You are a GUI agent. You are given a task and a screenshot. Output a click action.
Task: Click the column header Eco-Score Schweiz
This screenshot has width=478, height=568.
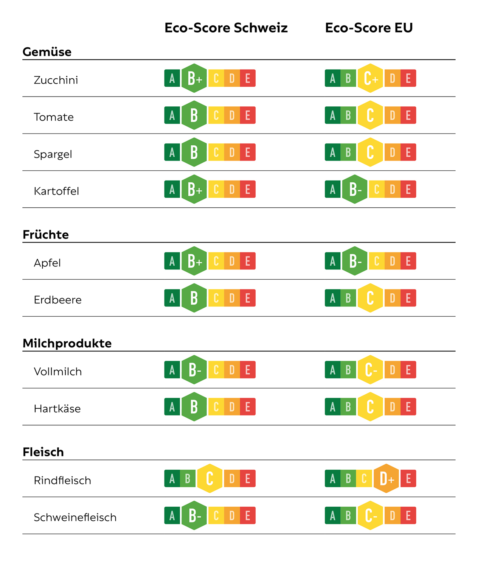click(226, 28)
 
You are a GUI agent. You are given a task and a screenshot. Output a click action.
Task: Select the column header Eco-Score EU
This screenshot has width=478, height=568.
click(369, 28)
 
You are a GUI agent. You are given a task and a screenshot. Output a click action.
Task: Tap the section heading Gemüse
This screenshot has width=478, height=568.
click(47, 52)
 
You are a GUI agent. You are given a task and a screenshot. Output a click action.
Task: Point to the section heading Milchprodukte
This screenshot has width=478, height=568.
click(67, 343)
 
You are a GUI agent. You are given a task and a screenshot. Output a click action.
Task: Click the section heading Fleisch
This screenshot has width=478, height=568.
click(43, 452)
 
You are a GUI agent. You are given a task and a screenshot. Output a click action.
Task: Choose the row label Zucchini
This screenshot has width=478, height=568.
click(56, 80)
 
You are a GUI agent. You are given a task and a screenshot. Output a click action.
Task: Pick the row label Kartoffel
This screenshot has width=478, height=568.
click(56, 191)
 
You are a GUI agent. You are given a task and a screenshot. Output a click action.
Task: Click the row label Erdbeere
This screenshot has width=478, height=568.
click(57, 300)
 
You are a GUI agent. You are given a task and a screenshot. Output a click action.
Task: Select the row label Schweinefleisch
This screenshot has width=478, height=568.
click(75, 517)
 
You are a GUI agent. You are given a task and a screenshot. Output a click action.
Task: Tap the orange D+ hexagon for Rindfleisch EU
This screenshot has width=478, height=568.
click(386, 479)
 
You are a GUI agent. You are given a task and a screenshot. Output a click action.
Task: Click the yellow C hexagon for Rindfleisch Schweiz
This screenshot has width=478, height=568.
click(210, 479)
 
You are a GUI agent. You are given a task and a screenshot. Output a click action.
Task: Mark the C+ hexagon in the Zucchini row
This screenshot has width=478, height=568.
click(370, 78)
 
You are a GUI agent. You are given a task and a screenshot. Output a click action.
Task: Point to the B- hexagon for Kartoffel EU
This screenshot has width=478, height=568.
click(355, 189)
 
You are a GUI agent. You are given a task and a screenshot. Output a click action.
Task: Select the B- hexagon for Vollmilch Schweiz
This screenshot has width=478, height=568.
click(194, 370)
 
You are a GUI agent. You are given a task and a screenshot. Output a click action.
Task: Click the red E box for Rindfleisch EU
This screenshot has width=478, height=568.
click(408, 479)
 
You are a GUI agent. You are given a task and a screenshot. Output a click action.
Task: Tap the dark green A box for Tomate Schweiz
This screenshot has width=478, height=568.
click(172, 115)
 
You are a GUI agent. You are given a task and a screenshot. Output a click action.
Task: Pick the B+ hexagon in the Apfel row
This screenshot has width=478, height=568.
click(194, 261)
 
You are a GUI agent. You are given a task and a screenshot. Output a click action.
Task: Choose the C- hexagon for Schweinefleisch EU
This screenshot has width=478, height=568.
click(370, 515)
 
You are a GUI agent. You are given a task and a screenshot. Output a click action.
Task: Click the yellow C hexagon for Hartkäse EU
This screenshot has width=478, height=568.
click(370, 407)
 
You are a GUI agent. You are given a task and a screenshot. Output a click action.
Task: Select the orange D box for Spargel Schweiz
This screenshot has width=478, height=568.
click(232, 152)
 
